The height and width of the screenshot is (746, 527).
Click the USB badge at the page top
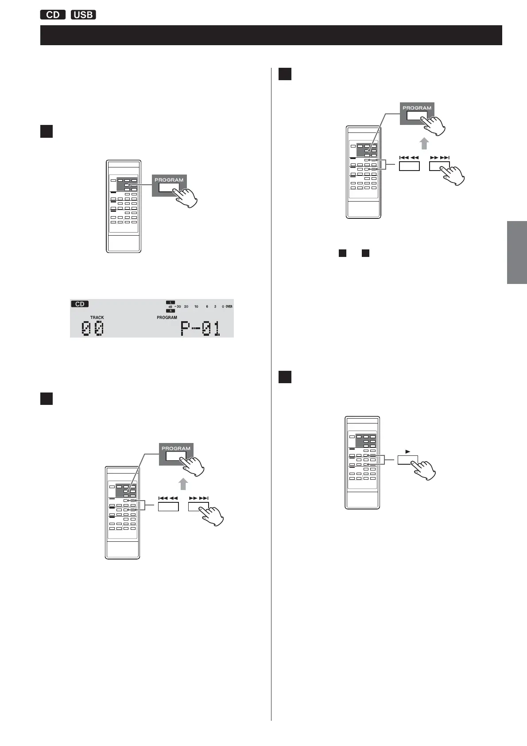(83, 15)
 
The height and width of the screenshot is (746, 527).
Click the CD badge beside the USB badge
(53, 15)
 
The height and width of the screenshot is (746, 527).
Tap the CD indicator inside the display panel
(80, 304)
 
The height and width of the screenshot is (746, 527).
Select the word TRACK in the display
(97, 318)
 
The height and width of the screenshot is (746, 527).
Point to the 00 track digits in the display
(93, 329)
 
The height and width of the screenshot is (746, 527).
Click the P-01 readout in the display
(201, 329)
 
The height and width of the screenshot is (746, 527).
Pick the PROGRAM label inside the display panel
(167, 318)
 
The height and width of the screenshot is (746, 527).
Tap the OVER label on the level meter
(229, 307)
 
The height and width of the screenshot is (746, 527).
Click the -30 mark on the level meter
(177, 307)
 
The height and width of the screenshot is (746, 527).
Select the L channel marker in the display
(170, 302)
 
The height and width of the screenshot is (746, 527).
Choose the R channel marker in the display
(170, 311)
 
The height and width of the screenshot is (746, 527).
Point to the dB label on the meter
(170, 307)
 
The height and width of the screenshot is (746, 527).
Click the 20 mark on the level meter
(186, 307)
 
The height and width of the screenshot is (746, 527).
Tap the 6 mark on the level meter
(207, 307)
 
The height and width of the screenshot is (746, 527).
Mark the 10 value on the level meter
(196, 307)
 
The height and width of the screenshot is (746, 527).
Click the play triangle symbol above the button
(408, 451)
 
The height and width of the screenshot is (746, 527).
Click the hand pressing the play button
(424, 470)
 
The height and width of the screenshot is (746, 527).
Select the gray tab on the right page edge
(517, 252)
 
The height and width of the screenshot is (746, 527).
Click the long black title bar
(271, 35)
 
